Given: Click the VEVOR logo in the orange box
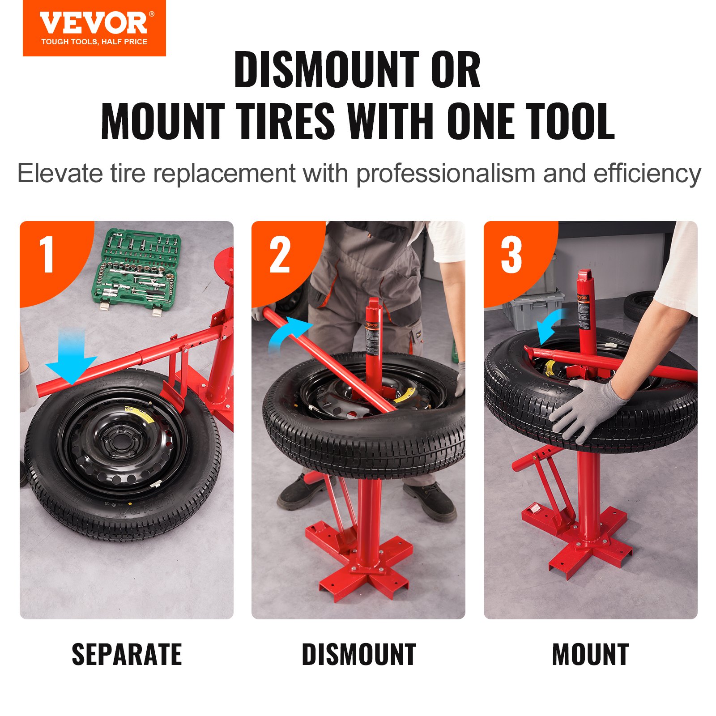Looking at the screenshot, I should click(94, 24).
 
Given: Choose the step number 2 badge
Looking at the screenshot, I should click(280, 255).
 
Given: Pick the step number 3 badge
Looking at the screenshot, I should click(511, 255).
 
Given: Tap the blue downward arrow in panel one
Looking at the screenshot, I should click(72, 356).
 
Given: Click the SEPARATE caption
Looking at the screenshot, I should click(127, 655).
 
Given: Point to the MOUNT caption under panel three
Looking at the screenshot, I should click(590, 655).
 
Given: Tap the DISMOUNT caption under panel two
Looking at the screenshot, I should click(359, 655).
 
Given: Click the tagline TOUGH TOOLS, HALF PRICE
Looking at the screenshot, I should click(94, 42).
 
